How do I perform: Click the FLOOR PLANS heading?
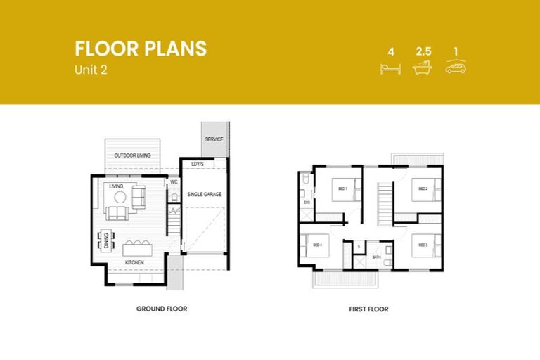(141, 49)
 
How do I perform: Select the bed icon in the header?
(390, 67)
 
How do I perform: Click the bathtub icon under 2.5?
(423, 67)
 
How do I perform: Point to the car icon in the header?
(456, 67)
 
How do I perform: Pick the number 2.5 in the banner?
(423, 51)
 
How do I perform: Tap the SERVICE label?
(214, 139)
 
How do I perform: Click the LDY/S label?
(198, 165)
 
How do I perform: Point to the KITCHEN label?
(134, 262)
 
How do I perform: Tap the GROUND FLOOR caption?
(162, 309)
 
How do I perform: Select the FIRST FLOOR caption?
(368, 309)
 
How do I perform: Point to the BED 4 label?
(317, 245)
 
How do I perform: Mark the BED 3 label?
(423, 245)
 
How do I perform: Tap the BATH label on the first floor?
(377, 257)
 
